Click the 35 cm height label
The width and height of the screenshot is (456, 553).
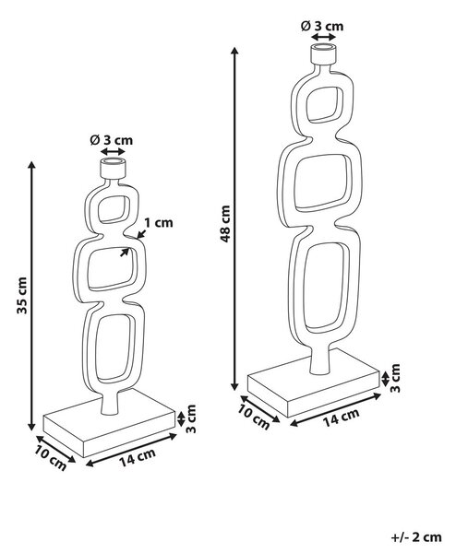(x=22, y=296)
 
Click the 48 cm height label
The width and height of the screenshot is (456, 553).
(x=225, y=224)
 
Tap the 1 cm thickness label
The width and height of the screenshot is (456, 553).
(x=159, y=223)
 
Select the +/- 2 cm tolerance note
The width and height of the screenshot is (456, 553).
(x=416, y=537)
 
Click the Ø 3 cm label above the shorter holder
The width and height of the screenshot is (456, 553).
(x=112, y=140)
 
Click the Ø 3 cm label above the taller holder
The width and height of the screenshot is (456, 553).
(x=322, y=26)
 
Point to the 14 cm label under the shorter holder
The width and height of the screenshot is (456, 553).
(x=138, y=457)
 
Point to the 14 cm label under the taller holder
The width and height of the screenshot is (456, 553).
(x=342, y=418)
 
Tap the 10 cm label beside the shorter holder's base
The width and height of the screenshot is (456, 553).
(x=50, y=457)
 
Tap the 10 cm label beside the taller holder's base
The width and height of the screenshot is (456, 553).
(x=254, y=417)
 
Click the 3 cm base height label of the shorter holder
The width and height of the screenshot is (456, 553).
(x=191, y=419)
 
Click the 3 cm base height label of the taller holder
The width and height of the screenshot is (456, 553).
(x=395, y=378)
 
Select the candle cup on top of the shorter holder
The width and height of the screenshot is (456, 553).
(x=113, y=169)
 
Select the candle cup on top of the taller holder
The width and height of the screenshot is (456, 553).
(x=322, y=54)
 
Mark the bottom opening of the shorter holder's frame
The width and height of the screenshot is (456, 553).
(x=114, y=348)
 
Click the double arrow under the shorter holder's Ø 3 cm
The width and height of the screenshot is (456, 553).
(x=113, y=152)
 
